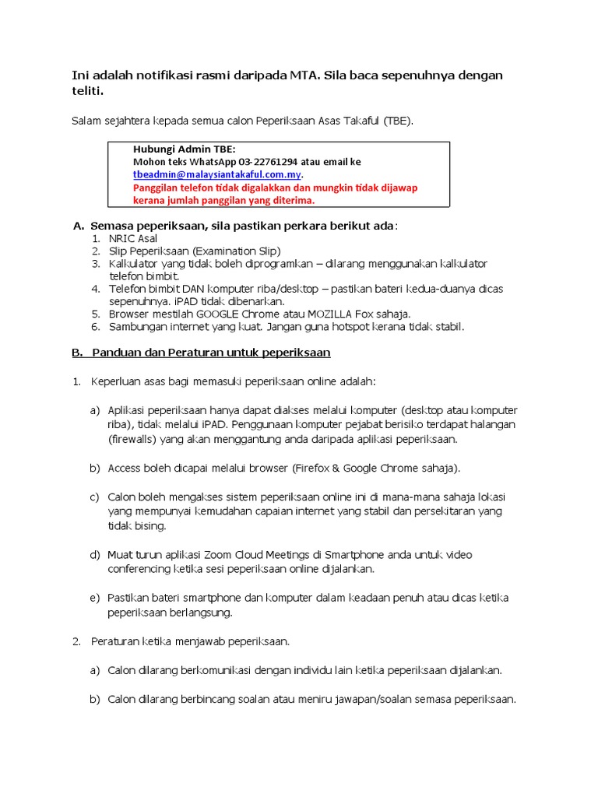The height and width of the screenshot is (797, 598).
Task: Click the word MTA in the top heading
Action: pos(298,75)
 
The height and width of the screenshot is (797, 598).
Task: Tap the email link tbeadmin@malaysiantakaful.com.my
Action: pos(217,175)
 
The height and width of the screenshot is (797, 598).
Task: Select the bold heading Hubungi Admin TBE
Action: pos(184,149)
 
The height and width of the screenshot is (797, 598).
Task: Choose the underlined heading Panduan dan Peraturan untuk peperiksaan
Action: pos(211,353)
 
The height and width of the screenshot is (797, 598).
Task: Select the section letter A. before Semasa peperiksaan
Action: pos(78,226)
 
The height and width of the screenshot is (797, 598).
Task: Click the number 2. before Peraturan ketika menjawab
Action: pos(76,641)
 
